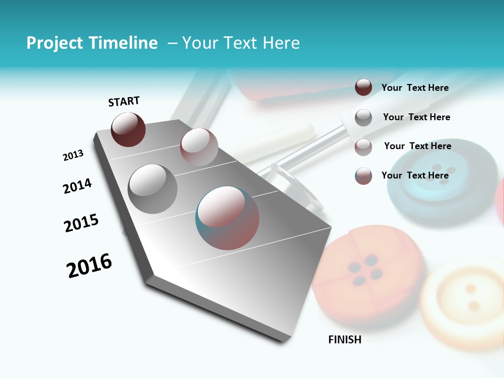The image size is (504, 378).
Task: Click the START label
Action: (124, 101)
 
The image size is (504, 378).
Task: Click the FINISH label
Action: (344, 340)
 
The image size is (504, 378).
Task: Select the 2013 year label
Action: (73, 155)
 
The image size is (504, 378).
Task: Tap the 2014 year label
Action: (77, 186)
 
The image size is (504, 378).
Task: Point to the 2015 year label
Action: (81, 223)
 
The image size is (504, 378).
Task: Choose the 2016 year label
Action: (89, 266)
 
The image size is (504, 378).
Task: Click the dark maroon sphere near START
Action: (128, 129)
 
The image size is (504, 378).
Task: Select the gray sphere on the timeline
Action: (153, 188)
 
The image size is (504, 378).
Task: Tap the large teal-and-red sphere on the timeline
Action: (227, 218)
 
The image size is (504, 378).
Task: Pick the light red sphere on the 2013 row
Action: (199, 146)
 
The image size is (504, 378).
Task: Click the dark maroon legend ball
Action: (363, 87)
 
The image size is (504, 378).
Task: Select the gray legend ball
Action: (363, 118)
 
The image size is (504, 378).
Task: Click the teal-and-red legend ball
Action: (363, 176)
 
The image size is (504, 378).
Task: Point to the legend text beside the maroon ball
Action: (415, 88)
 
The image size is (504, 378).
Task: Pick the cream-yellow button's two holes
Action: (472, 297)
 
